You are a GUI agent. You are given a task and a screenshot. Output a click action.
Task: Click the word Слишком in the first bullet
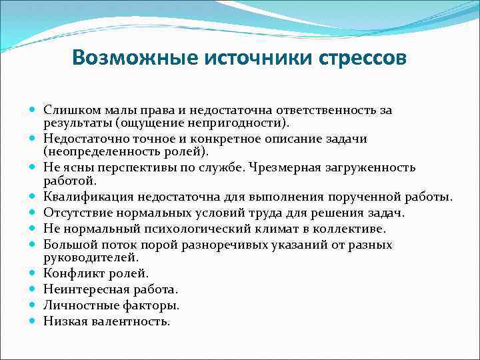point(67,109)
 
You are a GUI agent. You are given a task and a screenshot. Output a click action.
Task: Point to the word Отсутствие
point(75,213)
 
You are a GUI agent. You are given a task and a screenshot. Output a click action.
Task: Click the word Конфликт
point(70,273)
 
